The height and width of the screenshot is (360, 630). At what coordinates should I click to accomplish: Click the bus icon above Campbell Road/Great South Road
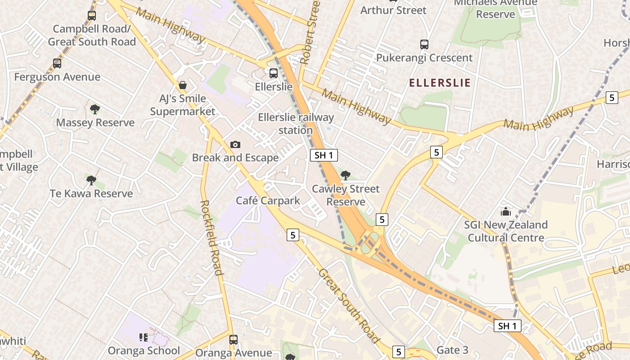[x=92, y=16]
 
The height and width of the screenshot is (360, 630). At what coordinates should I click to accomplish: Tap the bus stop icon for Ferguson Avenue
[x=57, y=63]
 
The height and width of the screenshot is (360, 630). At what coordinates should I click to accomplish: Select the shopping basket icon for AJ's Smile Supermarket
[x=183, y=85]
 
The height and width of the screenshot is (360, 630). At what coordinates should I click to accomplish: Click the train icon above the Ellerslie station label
[x=274, y=73]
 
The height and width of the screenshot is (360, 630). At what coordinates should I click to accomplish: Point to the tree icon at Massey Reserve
[x=94, y=109]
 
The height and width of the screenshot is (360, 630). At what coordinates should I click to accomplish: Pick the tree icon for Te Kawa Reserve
[x=91, y=180]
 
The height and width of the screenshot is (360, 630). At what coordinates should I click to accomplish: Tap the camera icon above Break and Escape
[x=235, y=144]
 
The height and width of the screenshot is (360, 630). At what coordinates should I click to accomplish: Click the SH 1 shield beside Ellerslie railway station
[x=324, y=156]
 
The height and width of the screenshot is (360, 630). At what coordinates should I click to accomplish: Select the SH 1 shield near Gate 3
[x=508, y=326]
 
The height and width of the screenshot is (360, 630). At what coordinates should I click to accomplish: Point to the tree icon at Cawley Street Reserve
[x=346, y=175]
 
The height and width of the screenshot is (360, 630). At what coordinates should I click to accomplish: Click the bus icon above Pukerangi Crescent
[x=424, y=45]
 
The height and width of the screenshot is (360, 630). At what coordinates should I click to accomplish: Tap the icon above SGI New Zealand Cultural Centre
[x=506, y=211]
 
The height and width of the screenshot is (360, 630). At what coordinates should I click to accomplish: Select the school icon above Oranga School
[x=144, y=337]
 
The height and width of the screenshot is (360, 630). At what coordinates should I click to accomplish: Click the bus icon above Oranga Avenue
[x=233, y=339]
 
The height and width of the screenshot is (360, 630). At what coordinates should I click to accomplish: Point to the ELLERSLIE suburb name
[x=440, y=83]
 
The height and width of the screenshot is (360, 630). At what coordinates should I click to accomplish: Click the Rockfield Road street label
[x=211, y=237]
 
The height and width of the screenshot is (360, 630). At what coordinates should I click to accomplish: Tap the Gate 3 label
[x=453, y=350]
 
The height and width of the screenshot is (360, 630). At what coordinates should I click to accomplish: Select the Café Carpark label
[x=268, y=201]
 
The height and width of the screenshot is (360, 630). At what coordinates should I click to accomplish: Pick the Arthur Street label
[x=393, y=10]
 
